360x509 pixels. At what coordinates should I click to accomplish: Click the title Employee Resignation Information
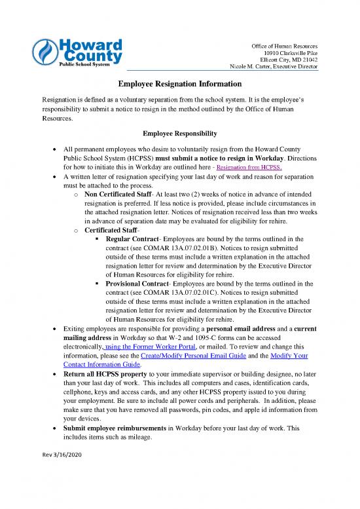coord(180,85)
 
